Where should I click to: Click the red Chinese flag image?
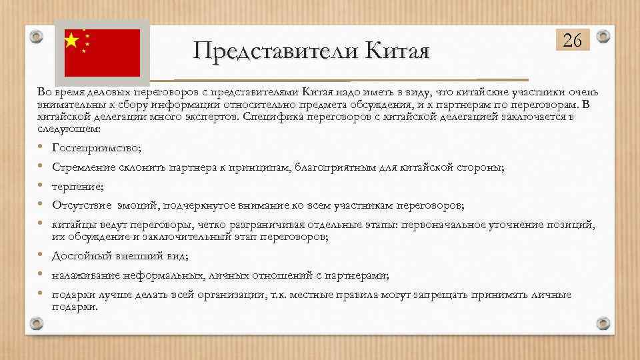[102, 53]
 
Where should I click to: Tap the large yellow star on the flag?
[71, 41]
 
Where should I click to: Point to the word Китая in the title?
[394, 50]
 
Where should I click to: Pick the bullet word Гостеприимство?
[95, 147]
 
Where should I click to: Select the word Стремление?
[77, 167]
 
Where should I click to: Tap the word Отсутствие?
[77, 205]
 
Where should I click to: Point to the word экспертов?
[215, 117]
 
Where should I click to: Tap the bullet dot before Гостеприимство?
[41, 147]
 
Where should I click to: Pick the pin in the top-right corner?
[603, 36]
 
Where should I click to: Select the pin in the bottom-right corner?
[603, 324]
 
